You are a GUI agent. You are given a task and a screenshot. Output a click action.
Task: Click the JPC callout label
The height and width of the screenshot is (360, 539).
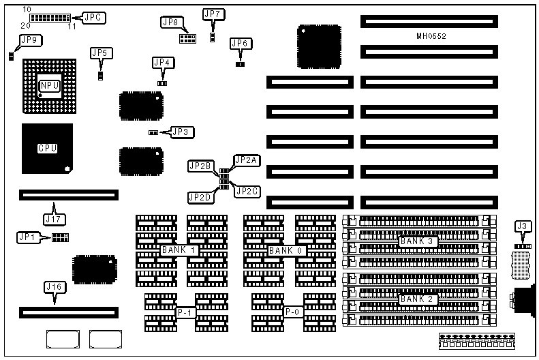click(93, 18)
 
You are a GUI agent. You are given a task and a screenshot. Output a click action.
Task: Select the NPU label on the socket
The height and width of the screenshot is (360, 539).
click(50, 85)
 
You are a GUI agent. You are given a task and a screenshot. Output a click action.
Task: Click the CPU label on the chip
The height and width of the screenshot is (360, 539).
click(47, 148)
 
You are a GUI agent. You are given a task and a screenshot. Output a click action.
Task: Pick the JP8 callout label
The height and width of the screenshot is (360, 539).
click(170, 22)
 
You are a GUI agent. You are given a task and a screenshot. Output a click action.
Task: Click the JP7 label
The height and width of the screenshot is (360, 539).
click(213, 14)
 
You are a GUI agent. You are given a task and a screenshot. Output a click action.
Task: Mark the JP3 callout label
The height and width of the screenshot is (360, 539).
click(182, 132)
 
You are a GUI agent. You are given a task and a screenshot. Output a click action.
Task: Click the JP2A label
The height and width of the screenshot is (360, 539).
click(245, 160)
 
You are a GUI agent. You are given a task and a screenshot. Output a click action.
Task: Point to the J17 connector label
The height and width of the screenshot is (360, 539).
click(53, 220)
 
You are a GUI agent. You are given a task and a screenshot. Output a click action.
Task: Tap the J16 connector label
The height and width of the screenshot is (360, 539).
click(55, 288)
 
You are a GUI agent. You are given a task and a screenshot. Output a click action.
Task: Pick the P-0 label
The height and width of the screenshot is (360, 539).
click(293, 313)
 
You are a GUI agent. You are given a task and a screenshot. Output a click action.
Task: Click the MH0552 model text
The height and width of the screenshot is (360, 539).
click(431, 35)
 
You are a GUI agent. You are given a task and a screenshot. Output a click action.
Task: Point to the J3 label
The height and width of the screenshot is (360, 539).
click(523, 226)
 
